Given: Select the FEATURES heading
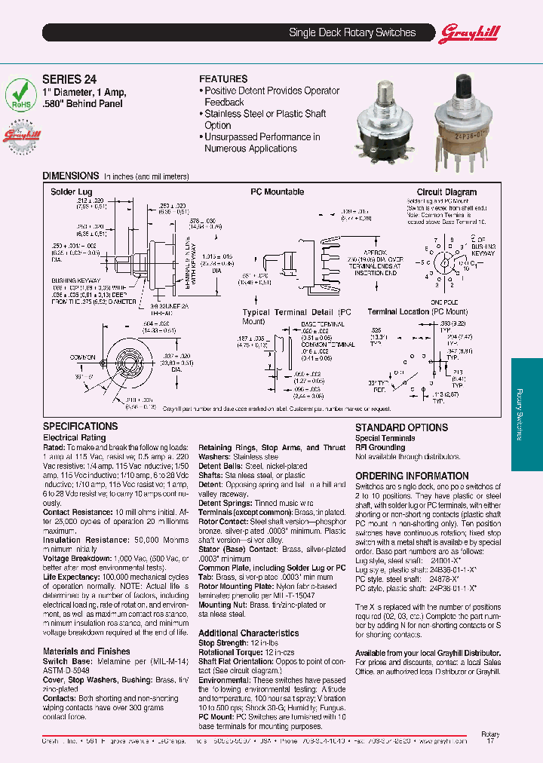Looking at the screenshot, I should point(223,79).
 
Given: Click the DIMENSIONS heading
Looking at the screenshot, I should point(70,175).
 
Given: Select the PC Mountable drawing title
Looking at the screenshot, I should point(277,192).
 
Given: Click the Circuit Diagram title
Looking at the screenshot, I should point(446,192).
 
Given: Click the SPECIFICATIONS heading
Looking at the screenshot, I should point(80,427).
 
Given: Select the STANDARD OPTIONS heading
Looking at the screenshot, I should point(401,427).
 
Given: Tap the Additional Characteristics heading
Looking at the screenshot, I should point(248,633).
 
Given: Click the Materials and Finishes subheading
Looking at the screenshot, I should point(86,651).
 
